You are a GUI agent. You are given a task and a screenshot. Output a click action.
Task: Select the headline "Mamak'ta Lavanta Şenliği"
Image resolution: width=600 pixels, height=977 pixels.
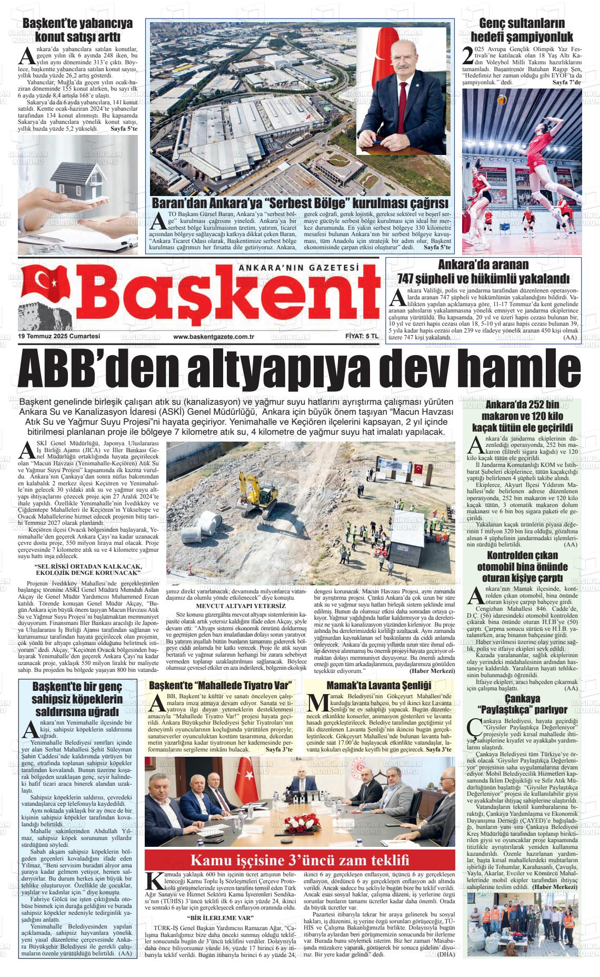coord(379,686)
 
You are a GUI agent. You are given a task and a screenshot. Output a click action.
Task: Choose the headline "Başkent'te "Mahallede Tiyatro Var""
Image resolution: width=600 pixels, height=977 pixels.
coord(221,686)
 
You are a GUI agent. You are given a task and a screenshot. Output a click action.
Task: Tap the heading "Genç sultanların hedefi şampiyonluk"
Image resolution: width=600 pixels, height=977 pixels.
coord(522,30)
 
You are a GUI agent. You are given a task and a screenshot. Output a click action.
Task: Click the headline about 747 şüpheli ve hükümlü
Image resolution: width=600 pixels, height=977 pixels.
coord(484,271)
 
